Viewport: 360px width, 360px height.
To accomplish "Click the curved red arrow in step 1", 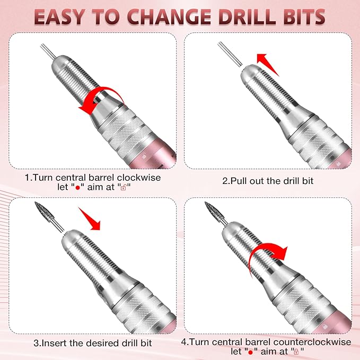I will click(101, 101).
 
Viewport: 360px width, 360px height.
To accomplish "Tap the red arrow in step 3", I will click(90, 218).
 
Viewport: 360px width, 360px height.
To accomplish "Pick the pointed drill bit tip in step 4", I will click(210, 209).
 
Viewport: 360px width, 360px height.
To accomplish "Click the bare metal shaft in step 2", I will click(229, 53).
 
